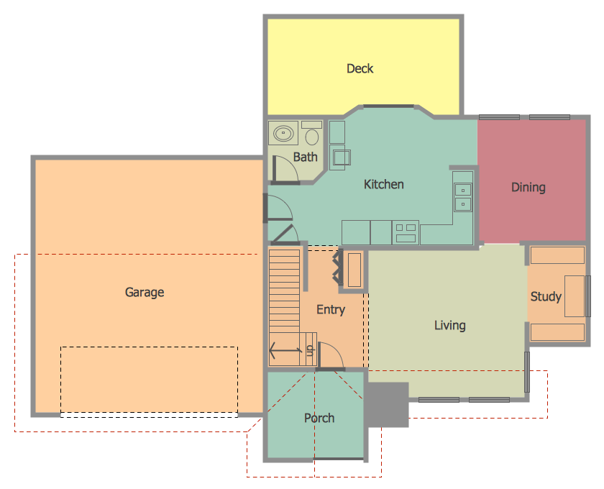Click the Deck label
[360, 69]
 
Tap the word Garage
[145, 293]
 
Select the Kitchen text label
[383, 185]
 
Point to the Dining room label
[528, 188]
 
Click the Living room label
[449, 326]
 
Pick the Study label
[545, 296]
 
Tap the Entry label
[331, 310]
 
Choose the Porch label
[319, 418]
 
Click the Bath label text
[305, 157]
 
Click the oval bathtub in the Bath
[284, 133]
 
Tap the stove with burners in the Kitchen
[406, 232]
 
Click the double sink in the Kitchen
[462, 197]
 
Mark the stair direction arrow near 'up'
[285, 352]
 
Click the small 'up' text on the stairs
[310, 350]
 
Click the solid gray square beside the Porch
[387, 404]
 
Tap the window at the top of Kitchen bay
[388, 106]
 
